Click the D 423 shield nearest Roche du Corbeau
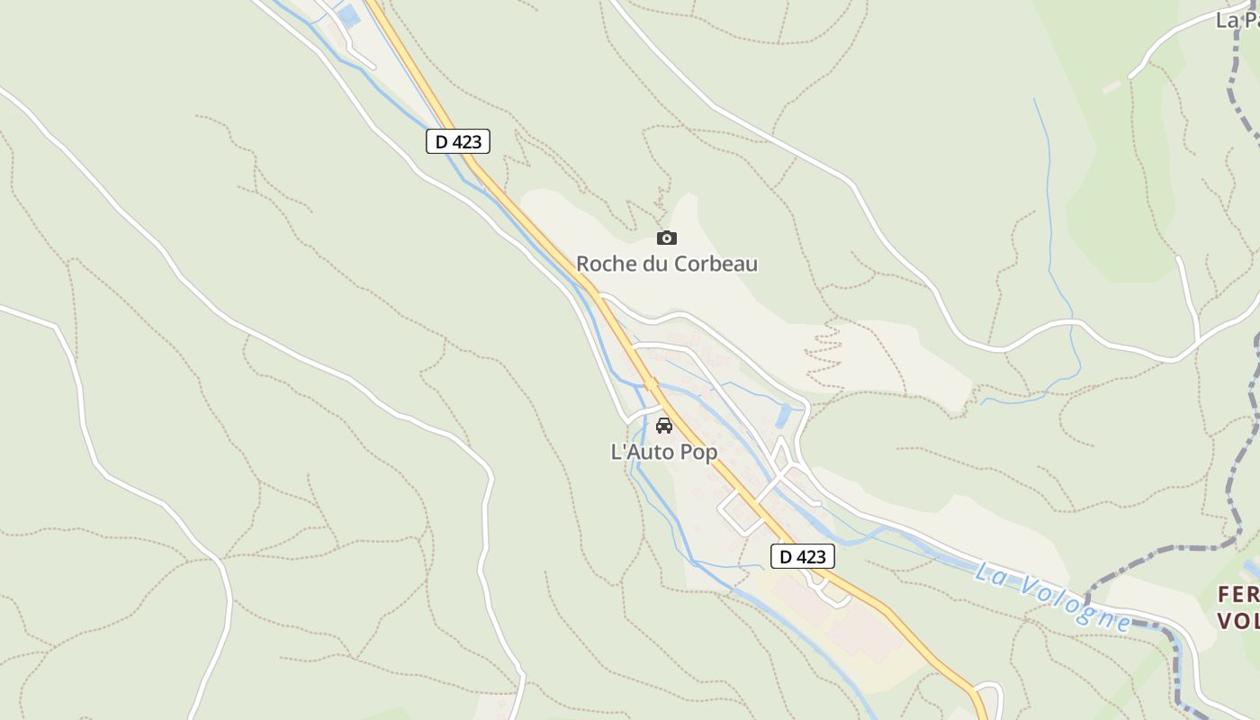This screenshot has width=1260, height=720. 458,141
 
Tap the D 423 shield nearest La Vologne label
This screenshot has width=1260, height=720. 803,556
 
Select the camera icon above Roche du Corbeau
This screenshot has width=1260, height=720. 666,238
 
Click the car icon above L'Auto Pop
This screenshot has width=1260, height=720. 664,426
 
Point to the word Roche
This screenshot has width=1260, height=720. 606,264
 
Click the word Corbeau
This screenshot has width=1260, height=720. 715,264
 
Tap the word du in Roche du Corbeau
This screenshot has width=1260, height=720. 654,264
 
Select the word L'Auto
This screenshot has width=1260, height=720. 643,452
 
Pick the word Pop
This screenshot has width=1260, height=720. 698,452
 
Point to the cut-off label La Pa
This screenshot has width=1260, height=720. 1237,20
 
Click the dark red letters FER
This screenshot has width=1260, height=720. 1237,595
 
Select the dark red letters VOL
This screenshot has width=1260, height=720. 1237,621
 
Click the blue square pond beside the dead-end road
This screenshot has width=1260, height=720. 348,15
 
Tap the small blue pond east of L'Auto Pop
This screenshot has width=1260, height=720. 783,415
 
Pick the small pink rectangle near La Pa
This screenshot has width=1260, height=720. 1112,87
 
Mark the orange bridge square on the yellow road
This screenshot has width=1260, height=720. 651,383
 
